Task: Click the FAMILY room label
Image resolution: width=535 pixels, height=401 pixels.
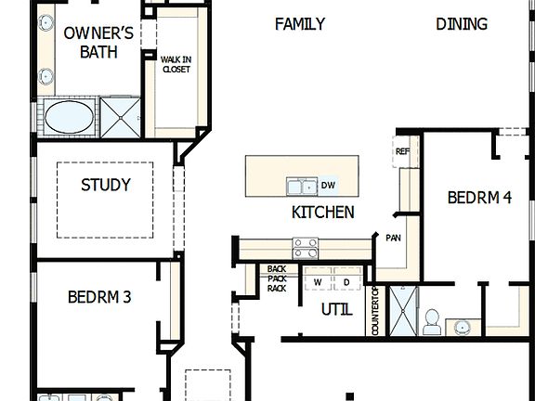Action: [x=300, y=24]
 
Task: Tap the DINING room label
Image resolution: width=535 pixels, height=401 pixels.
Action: [x=462, y=24]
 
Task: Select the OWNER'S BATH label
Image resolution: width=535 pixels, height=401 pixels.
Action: [x=98, y=43]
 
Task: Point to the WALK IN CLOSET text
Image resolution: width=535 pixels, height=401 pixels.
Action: [x=176, y=64]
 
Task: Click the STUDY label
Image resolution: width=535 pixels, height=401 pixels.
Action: [x=105, y=185]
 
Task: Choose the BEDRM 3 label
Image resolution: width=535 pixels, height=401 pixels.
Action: [x=99, y=297]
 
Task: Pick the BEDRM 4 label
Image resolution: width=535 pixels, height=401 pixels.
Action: [x=479, y=198]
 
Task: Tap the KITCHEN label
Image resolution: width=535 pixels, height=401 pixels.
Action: [x=322, y=213]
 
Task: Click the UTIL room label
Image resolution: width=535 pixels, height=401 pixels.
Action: [x=336, y=310]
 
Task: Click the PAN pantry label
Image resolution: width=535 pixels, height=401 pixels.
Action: [x=393, y=239]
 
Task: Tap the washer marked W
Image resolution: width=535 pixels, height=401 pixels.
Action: [x=318, y=281]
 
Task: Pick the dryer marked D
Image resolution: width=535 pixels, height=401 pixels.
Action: [x=346, y=281]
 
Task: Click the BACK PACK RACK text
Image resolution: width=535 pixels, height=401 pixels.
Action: [x=276, y=278]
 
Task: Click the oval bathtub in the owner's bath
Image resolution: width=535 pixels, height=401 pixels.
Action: [x=70, y=118]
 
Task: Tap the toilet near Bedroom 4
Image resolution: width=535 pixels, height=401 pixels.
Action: [x=431, y=321]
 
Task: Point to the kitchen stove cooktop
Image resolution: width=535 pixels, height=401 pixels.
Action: [x=306, y=248]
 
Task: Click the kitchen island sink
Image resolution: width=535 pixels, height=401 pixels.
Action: [x=301, y=186]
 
